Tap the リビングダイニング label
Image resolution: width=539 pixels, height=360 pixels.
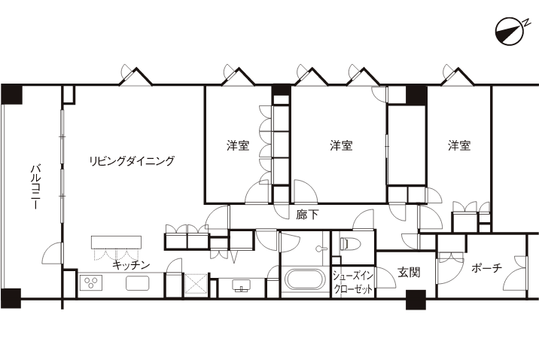[x=132, y=160]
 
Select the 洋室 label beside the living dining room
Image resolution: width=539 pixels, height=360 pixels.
[x=239, y=145]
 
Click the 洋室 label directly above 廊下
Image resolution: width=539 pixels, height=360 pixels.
[x=342, y=145]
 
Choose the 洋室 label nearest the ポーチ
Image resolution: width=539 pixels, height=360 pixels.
[x=458, y=145]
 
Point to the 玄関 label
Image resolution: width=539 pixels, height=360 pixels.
[x=409, y=272]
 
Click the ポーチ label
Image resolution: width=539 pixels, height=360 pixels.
[x=486, y=268]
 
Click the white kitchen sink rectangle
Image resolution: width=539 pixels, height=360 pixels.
[x=136, y=284]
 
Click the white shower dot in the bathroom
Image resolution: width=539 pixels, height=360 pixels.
[x=319, y=248]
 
